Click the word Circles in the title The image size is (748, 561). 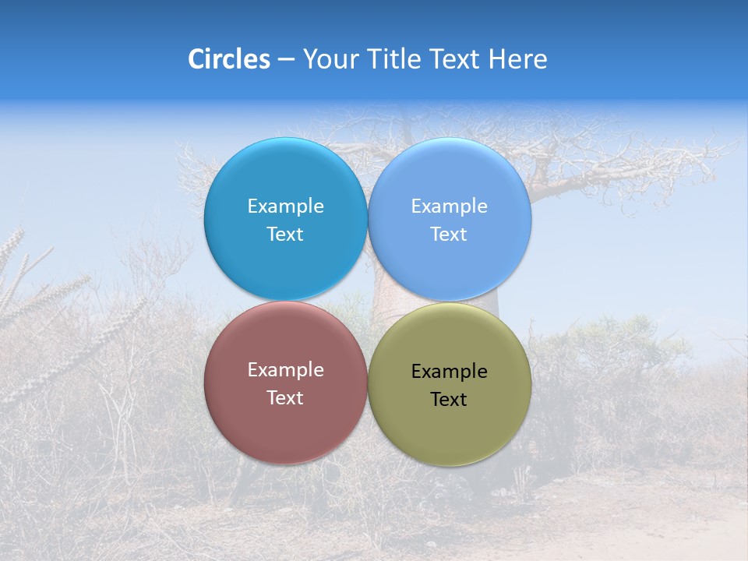[x=228, y=59]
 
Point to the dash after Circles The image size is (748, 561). [x=285, y=60]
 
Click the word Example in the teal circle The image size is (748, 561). [x=285, y=206]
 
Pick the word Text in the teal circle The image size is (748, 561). [x=285, y=235]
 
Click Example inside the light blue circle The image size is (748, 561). [x=449, y=206]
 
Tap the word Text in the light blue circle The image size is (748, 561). [x=449, y=235]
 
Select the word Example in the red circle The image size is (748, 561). [x=285, y=370]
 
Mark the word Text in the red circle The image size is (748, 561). [x=285, y=398]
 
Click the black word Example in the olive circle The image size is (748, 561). [x=449, y=372]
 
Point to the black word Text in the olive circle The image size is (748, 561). [x=449, y=400]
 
